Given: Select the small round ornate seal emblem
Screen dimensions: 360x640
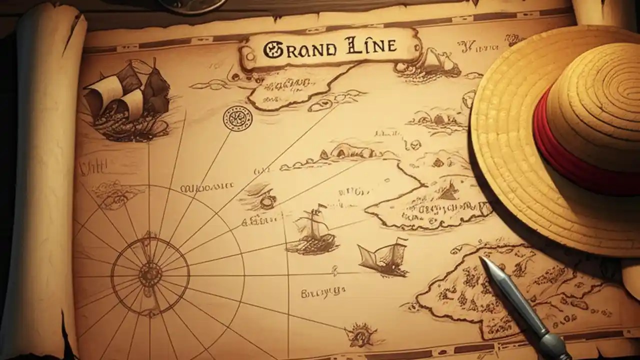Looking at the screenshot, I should pos(237,119).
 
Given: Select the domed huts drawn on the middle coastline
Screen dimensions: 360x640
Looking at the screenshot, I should pos(345,150).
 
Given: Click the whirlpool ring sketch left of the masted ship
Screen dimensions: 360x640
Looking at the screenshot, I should pos(267,200).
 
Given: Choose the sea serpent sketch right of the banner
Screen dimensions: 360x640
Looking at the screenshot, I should pos(432,62).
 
